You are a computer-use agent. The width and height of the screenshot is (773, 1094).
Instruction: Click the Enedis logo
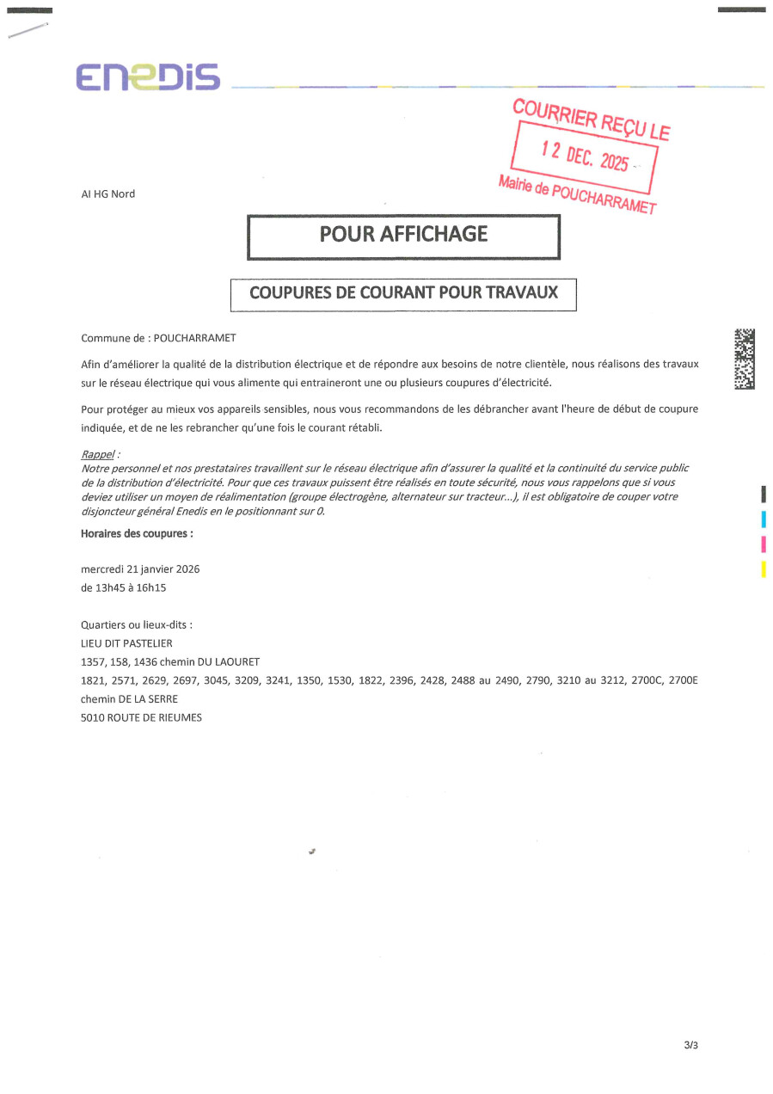pos(147,77)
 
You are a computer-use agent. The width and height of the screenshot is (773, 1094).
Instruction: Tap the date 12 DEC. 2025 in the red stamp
pos(585,156)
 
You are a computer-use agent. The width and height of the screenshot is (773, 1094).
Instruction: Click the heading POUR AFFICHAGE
pos(403,234)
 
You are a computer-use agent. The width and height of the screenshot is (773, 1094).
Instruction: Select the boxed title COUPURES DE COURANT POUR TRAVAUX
pos(403,292)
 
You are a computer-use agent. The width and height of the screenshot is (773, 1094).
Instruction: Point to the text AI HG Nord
pos(107,194)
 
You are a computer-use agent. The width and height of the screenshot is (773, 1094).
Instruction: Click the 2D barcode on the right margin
pos(745,359)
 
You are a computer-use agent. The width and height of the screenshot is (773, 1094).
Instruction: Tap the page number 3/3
pos(690,1046)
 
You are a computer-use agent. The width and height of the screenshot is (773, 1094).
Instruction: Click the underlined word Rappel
pos(97,454)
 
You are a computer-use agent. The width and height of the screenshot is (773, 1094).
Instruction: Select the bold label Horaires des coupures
pos(137,533)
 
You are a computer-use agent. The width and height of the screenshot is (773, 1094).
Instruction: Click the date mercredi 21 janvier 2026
pos(140,569)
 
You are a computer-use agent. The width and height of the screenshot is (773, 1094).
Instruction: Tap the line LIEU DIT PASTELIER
pos(126,643)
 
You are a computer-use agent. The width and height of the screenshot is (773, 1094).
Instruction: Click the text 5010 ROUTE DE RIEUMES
pos(141,717)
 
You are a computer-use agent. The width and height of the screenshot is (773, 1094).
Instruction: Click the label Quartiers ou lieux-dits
pos(136,625)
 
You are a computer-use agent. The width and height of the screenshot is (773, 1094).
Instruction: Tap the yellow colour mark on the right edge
pos(764,569)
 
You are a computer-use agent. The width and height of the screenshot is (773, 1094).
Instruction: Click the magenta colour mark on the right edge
pos(764,544)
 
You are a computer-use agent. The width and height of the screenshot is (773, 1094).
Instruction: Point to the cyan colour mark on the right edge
pos(764,519)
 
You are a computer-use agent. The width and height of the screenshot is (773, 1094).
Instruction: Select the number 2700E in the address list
pos(683,680)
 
